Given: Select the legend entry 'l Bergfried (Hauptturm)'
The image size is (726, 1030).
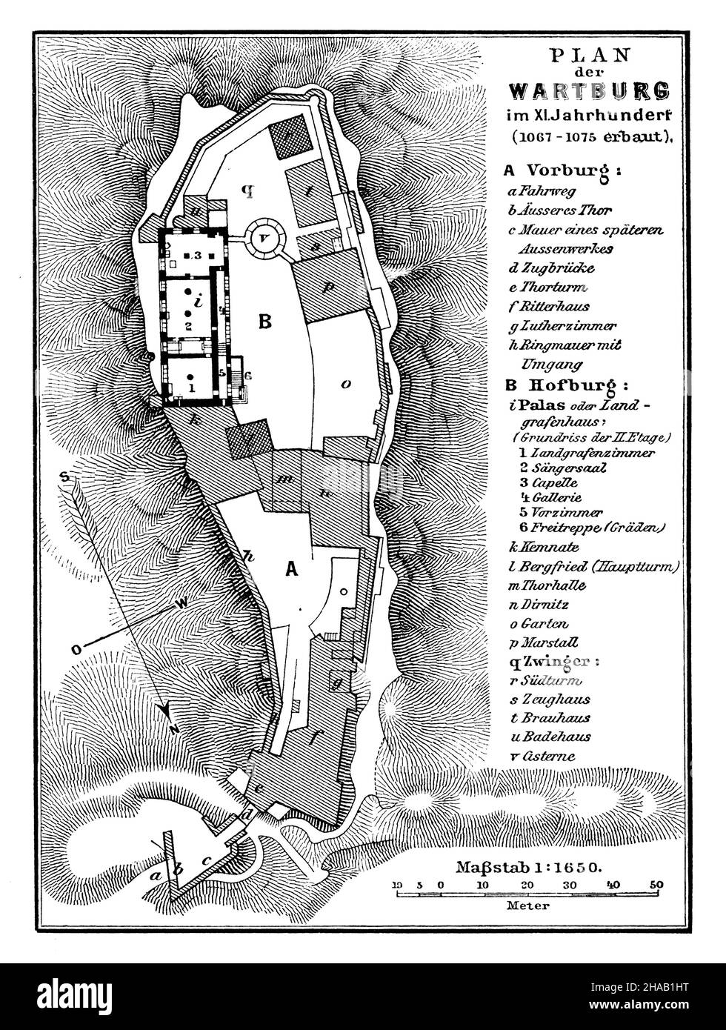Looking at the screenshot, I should coord(590,567).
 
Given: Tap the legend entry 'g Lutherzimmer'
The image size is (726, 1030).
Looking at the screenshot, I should coord(563,325).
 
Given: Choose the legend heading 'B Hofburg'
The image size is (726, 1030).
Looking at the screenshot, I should coord(565,385).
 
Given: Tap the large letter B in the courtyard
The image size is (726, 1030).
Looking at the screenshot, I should coord(264,322).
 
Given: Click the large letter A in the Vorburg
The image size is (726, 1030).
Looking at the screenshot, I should coord(292,569).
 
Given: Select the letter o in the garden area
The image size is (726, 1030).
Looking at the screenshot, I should coord(344,383).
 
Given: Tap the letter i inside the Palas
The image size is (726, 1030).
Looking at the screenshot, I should coord(196,302).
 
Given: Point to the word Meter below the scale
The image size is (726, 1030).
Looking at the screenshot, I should coord(527,906).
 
